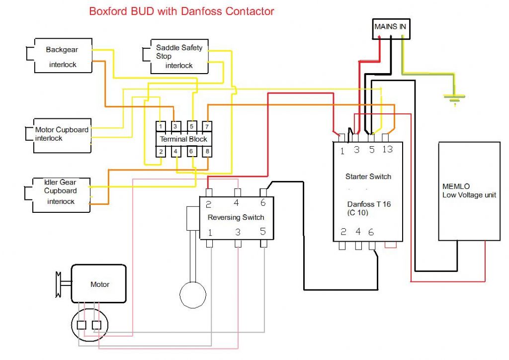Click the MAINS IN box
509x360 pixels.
(x=392, y=29)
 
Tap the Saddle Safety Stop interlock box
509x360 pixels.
(x=179, y=56)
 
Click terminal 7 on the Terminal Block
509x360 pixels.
(x=207, y=126)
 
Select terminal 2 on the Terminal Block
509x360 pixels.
(x=161, y=151)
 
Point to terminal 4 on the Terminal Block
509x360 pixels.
(x=176, y=151)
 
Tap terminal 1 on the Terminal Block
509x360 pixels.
(x=161, y=126)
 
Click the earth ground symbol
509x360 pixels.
(x=454, y=99)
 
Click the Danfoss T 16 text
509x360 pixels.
(x=368, y=204)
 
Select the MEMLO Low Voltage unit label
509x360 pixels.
(x=469, y=191)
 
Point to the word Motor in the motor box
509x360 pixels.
(x=99, y=284)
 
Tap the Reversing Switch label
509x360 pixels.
(x=236, y=217)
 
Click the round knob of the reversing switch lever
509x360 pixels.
(x=192, y=294)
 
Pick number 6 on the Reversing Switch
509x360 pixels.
(x=263, y=203)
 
